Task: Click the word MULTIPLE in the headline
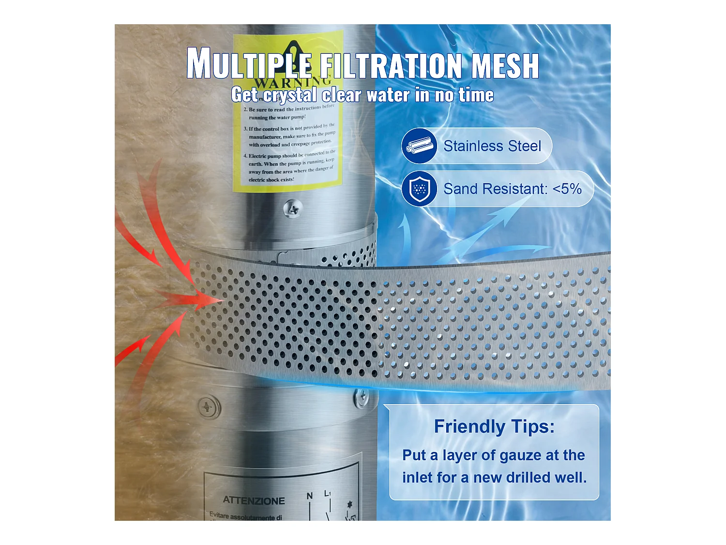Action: pyautogui.click(x=249, y=63)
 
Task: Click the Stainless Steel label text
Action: pyautogui.click(x=492, y=146)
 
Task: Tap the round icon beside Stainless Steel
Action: pyautogui.click(x=420, y=146)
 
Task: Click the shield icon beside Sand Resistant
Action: pyautogui.click(x=420, y=189)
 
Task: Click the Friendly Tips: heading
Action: pyautogui.click(x=494, y=426)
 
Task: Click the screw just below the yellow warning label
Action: pyautogui.click(x=292, y=209)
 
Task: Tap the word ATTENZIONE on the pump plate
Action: pyautogui.click(x=254, y=500)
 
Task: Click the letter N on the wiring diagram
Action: pyautogui.click(x=310, y=496)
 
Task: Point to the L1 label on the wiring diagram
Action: pyautogui.click(x=328, y=493)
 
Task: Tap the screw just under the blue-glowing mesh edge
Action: pyautogui.click(x=361, y=397)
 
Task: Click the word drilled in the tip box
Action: pyautogui.click(x=526, y=478)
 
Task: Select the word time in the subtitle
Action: pyautogui.click(x=477, y=95)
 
